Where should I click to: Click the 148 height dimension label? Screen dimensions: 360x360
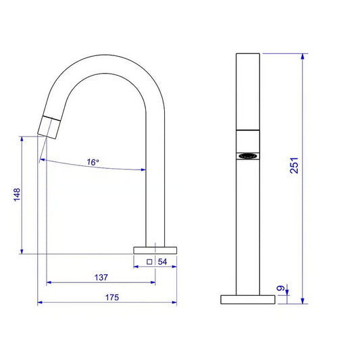pos(17,195)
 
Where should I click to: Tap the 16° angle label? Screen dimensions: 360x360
pos(93,162)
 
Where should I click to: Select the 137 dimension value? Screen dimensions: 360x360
pos(101,278)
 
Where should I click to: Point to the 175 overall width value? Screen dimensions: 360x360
pos(112,297)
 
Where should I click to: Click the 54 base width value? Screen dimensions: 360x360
pos(162,262)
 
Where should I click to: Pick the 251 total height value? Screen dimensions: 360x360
pos(294,165)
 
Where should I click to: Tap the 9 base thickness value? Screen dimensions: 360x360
pos(280,288)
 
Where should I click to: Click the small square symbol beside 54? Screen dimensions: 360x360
pos(149,262)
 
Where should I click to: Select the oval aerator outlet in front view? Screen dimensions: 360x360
pos(248,156)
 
